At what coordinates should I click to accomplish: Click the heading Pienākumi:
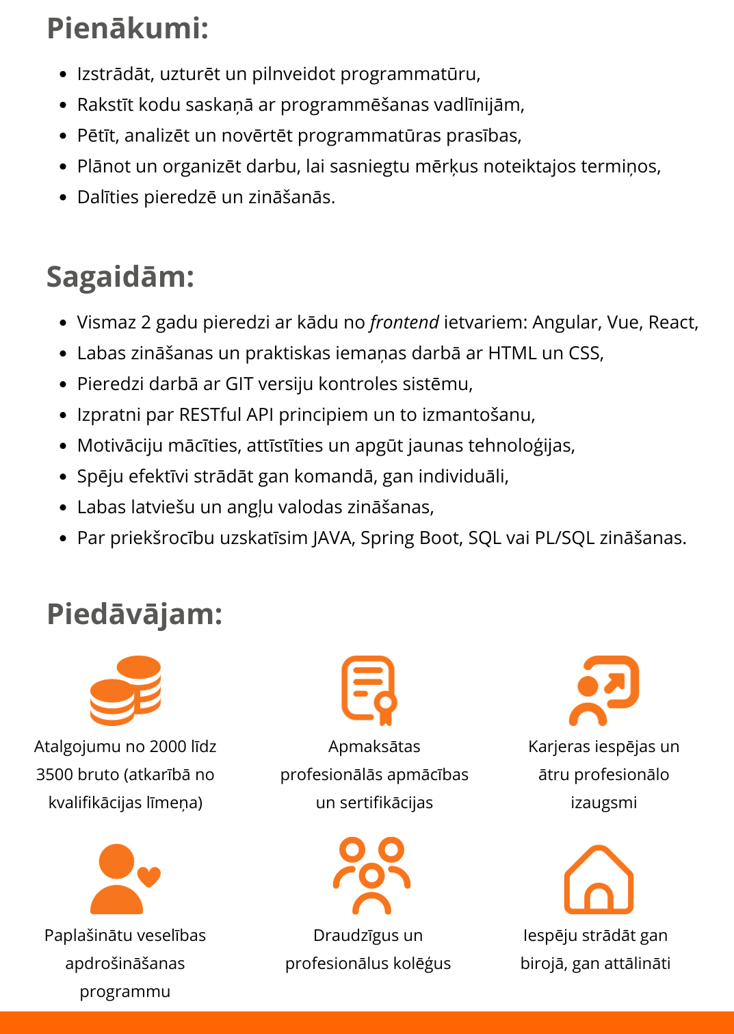tap(127, 29)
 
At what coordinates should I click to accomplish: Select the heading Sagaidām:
tap(120, 277)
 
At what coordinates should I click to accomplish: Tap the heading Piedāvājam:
tap(135, 614)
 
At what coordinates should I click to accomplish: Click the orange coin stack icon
tap(125, 690)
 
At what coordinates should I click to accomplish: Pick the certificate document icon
tap(369, 690)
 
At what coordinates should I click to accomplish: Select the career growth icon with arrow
tap(603, 690)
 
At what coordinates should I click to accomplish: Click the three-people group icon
tap(371, 875)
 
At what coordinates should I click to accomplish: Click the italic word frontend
tap(404, 322)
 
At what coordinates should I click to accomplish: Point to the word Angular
tap(565, 322)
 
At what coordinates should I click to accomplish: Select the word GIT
tap(239, 384)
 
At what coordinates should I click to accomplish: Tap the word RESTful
tap(210, 415)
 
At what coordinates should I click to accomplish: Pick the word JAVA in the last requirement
tap(332, 538)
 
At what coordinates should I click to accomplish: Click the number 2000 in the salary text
tap(168, 747)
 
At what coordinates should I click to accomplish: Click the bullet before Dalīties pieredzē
tap(63, 198)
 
